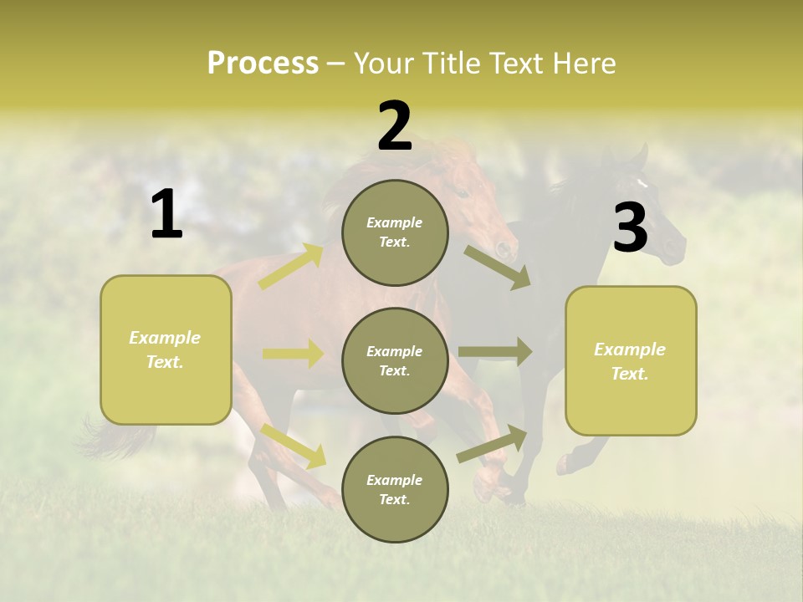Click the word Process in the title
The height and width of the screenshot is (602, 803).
263,64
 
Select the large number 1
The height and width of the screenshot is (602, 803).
166,216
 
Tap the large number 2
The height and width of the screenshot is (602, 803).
395,127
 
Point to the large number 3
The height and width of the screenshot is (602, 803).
630,228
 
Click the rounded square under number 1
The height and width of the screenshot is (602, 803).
166,349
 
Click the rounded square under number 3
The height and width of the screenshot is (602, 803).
631,361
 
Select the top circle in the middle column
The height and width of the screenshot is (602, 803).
395,232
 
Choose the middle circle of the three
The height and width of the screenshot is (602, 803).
395,360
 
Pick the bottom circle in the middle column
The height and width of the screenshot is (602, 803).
395,489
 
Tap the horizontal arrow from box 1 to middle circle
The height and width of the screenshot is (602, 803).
293,354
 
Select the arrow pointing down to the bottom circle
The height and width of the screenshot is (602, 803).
294,446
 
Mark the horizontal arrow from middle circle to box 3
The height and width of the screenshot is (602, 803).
495,351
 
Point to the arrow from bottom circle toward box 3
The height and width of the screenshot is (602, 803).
493,444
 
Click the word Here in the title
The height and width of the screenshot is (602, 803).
584,64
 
